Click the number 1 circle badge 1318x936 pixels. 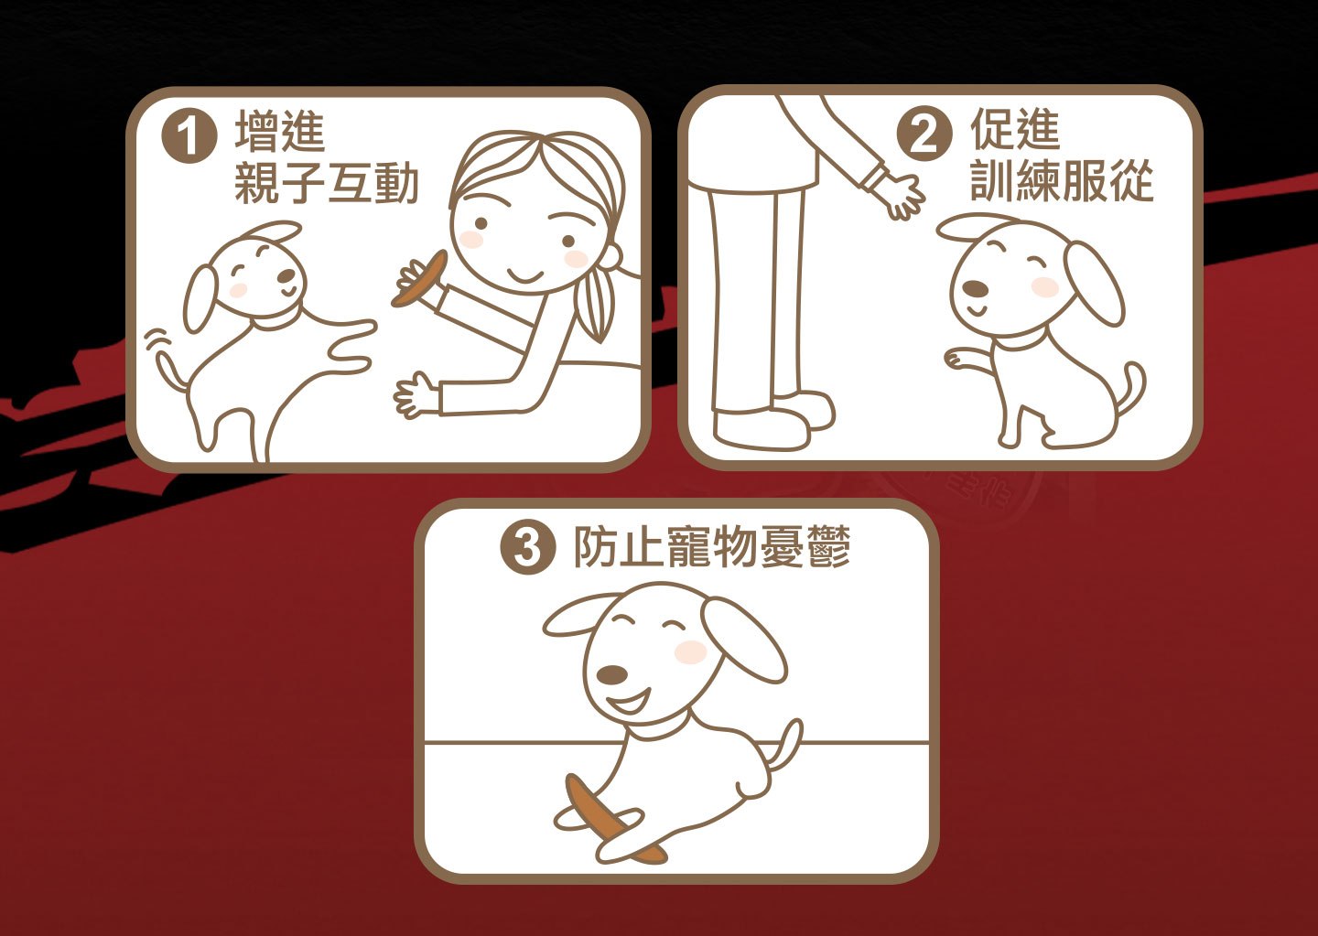tap(189, 136)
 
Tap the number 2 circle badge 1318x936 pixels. tap(924, 134)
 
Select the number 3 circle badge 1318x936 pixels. tap(527, 548)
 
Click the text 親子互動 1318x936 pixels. tap(327, 184)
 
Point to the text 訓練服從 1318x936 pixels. tap(1062, 180)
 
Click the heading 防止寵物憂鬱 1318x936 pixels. tap(712, 547)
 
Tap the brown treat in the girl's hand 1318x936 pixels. tap(419, 278)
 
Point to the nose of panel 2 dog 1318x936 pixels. tap(975, 289)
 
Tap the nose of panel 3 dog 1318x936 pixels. tap(611, 675)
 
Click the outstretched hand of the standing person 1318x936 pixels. tap(900, 195)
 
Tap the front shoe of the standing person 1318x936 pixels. tap(762, 429)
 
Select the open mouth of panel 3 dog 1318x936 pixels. tap(629, 701)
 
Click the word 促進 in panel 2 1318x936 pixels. tap(1015, 129)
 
